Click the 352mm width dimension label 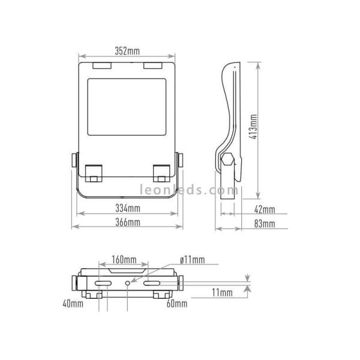pyautogui.click(x=127, y=51)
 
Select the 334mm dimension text pyautogui.click(x=128, y=208)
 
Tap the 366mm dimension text pyautogui.click(x=128, y=222)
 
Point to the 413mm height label pyautogui.click(x=253, y=127)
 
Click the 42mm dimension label pyautogui.click(x=265, y=209)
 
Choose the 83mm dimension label pyautogui.click(x=265, y=224)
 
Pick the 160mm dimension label pyautogui.click(x=124, y=260)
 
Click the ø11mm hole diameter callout pyautogui.click(x=193, y=260)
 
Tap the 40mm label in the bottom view pyautogui.click(x=73, y=304)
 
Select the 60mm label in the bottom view pyautogui.click(x=177, y=304)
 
